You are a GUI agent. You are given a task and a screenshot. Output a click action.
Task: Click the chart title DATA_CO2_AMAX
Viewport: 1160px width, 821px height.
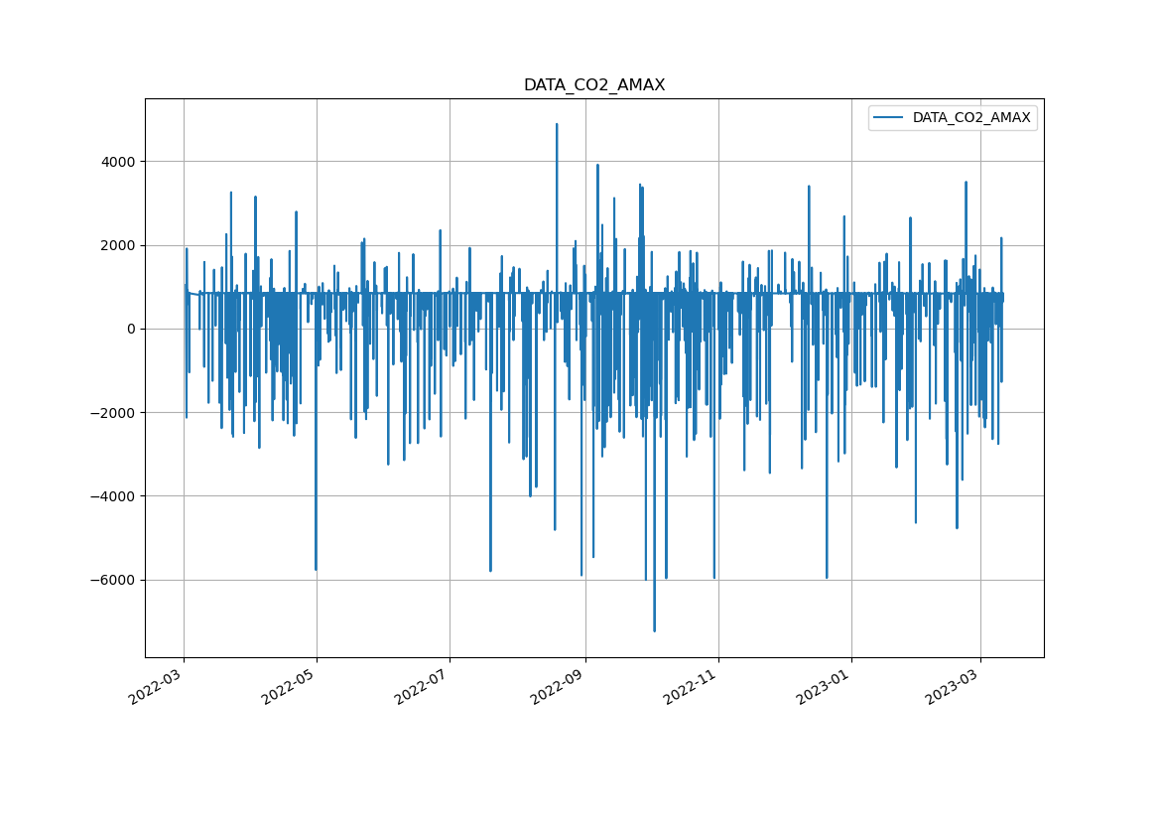tap(594, 85)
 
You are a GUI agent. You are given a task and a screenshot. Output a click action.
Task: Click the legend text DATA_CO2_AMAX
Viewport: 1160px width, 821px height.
tap(971, 118)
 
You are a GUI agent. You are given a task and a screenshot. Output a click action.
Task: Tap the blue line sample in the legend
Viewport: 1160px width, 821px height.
tap(889, 118)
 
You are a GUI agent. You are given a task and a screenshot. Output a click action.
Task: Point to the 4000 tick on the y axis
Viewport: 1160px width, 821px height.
tap(117, 162)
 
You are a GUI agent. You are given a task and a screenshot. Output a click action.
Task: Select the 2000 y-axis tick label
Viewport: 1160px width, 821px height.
tap(117, 245)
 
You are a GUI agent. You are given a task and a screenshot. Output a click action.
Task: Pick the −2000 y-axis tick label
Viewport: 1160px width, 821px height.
tap(113, 413)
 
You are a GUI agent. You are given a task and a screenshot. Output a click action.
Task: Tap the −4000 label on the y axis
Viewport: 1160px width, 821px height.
tap(113, 496)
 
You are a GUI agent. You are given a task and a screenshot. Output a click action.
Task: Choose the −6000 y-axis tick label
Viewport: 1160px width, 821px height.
tap(113, 580)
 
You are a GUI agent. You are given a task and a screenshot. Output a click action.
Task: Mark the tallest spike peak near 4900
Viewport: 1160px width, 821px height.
tap(557, 124)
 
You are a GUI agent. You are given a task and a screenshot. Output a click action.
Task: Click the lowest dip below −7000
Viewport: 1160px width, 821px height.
tap(654, 630)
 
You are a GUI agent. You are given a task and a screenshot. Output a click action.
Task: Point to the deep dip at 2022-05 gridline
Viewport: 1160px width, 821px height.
tap(316, 570)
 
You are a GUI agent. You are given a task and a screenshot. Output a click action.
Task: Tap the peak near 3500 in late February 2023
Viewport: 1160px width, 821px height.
tap(966, 183)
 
